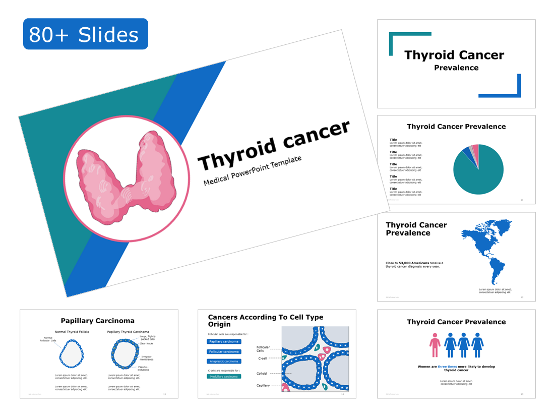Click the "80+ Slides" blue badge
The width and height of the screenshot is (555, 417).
pyautogui.click(x=85, y=34)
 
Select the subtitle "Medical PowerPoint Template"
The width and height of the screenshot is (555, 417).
pyautogui.click(x=252, y=170)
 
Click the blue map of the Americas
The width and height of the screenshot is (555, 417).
pyautogui.click(x=486, y=247)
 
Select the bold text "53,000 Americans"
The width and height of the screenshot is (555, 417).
pyautogui.click(x=414, y=263)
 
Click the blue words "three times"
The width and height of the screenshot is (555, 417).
pyautogui.click(x=447, y=367)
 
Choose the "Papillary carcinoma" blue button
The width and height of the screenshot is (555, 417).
pyautogui.click(x=224, y=342)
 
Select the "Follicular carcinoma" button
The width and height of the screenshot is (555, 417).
pyautogui.click(x=224, y=351)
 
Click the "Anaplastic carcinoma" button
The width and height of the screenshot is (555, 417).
pyautogui.click(x=224, y=362)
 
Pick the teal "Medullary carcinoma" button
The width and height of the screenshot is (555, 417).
pyautogui.click(x=224, y=377)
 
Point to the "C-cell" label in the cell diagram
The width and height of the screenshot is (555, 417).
pyautogui.click(x=262, y=359)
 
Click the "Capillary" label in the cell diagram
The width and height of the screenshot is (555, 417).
pyautogui.click(x=263, y=386)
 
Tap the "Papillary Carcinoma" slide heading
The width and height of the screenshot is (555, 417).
pyautogui.click(x=97, y=321)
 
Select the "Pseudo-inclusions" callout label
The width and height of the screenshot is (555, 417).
pyautogui.click(x=143, y=368)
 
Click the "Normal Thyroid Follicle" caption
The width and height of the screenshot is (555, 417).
pyautogui.click(x=72, y=332)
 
